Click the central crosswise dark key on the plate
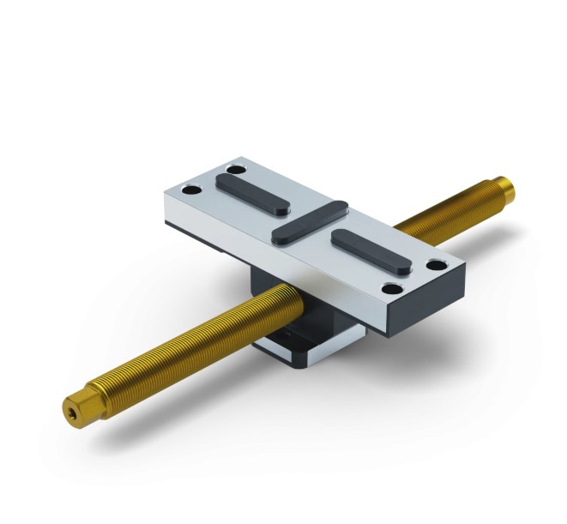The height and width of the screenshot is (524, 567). (x=309, y=220)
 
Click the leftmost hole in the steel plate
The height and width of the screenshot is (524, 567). (x=195, y=190)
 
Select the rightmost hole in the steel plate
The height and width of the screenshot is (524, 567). (x=438, y=265)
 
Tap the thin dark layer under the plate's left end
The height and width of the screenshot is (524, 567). (x=206, y=227)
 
